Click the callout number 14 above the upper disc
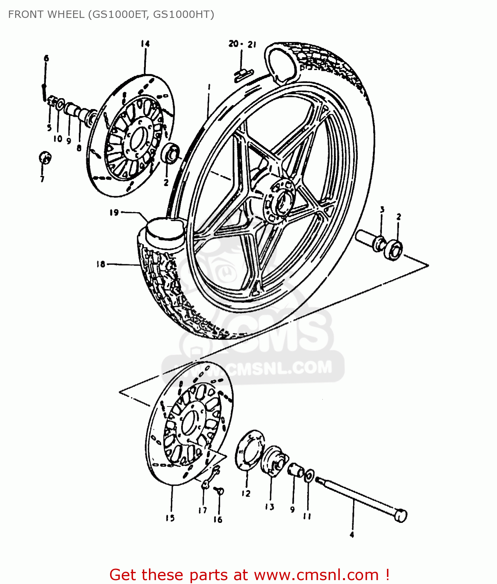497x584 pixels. click(x=145, y=44)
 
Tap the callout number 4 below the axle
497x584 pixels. click(x=352, y=535)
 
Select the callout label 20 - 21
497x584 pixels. click(x=242, y=44)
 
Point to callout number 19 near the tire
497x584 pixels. click(x=114, y=213)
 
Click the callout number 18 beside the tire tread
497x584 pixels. click(x=100, y=264)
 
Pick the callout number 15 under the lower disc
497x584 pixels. click(x=170, y=518)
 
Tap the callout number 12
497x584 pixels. click(x=246, y=493)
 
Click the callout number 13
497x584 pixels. click(x=269, y=507)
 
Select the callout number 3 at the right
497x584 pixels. click(x=382, y=209)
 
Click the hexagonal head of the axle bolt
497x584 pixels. click(x=400, y=515)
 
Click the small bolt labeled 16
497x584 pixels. click(x=219, y=491)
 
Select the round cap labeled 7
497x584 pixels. click(x=45, y=158)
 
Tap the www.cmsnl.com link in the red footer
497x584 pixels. click(x=316, y=575)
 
